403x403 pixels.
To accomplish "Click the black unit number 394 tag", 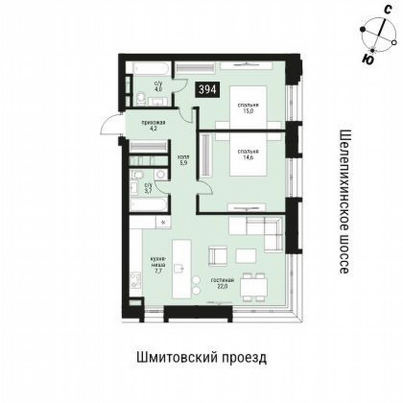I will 207,90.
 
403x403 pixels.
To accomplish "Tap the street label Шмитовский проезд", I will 202,358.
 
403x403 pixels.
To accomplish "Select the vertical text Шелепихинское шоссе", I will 344,201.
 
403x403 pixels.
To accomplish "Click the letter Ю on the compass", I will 368,59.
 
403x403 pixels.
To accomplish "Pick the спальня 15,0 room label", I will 248,107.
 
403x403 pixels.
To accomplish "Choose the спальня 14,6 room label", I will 248,154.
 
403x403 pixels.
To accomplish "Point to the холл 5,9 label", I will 183,160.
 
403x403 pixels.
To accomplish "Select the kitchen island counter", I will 181,268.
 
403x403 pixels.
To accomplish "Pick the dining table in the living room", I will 254,285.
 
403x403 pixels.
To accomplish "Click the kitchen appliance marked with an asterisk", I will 163,222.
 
